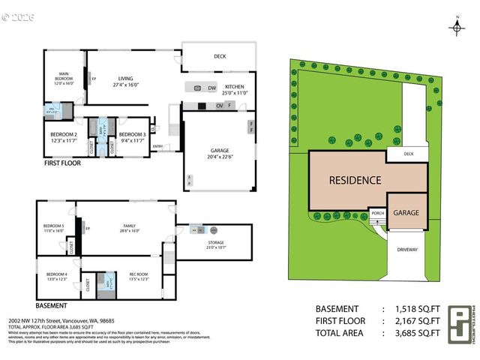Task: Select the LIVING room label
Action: coord(124,81)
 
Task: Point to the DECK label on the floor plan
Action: coord(219,55)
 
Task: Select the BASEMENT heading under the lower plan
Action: coord(51,306)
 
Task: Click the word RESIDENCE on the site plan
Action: coord(355,180)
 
